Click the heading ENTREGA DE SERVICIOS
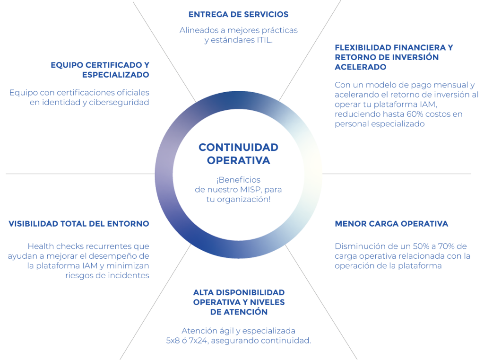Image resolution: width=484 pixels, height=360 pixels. [x=238, y=15]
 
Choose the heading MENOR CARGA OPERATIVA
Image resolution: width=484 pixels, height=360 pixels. [x=391, y=223]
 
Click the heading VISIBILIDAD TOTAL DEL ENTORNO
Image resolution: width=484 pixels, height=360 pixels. [x=79, y=223]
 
